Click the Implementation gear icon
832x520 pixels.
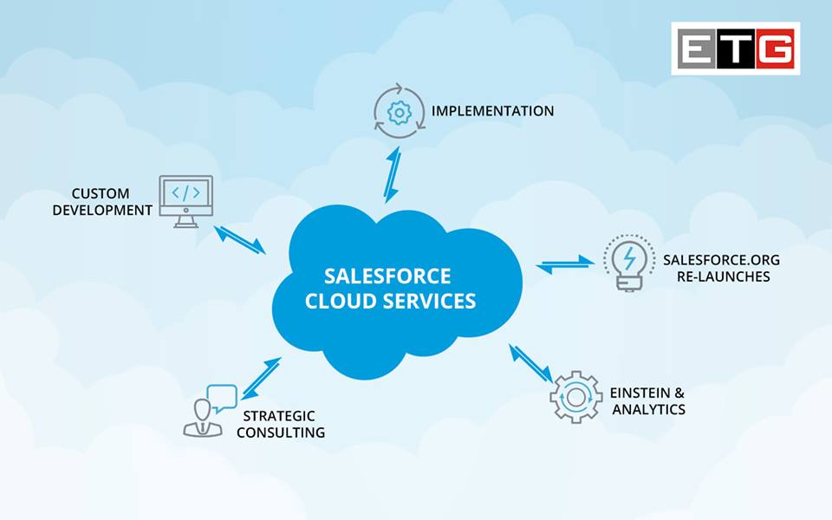click(x=400, y=111)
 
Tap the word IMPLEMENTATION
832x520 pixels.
click(x=492, y=111)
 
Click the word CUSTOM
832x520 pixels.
click(x=101, y=193)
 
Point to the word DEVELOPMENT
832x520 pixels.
click(x=102, y=210)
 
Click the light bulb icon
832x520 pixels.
click(x=629, y=261)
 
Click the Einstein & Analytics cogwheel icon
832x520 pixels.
click(x=575, y=396)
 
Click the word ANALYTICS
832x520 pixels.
click(x=648, y=409)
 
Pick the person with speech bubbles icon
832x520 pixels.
click(x=210, y=410)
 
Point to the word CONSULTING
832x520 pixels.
click(x=281, y=432)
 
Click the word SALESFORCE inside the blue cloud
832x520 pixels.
click(x=387, y=276)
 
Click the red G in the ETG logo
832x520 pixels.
click(x=774, y=49)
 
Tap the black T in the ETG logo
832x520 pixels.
click(x=736, y=49)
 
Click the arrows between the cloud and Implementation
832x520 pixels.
click(x=392, y=174)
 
